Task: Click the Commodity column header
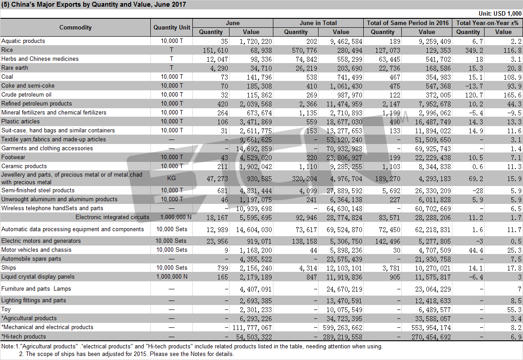[75, 27]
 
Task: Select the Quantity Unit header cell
[172, 27]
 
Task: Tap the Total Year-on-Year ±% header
[487, 23]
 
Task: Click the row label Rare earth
[15, 68]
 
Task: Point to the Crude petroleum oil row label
[26, 95]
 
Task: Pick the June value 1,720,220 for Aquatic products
[256, 41]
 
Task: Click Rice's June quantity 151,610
[216, 51]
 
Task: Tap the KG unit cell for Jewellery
[171, 178]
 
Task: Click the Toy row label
[6, 309]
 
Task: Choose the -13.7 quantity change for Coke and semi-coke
[474, 86]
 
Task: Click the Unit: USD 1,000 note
[500, 13]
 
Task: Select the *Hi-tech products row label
[24, 336]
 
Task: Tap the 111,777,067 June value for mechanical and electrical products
[252, 328]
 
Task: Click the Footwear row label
[13, 157]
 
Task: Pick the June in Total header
[318, 23]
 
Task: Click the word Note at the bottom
[7, 346]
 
